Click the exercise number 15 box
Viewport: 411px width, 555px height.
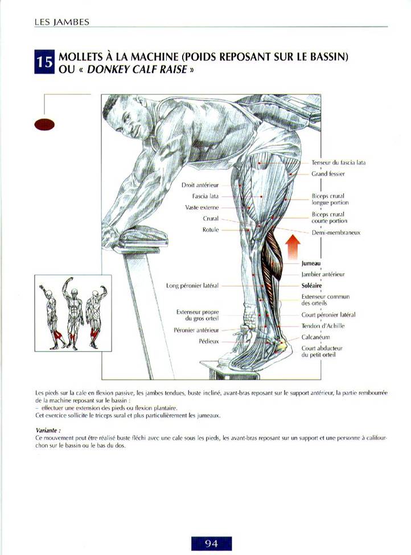click(44, 62)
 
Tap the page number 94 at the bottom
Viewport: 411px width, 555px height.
click(211, 543)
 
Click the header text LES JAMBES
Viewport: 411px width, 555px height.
click(61, 22)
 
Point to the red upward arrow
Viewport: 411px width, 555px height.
click(293, 246)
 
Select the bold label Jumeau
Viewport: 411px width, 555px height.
click(311, 263)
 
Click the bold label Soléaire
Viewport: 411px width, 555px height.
click(311, 285)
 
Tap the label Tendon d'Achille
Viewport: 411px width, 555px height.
click(323, 326)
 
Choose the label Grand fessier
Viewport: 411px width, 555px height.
click(328, 174)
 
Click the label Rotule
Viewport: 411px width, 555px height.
click(211, 230)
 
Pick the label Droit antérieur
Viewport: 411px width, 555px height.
click(200, 185)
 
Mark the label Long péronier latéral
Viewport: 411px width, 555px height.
click(192, 285)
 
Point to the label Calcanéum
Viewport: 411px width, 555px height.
click(316, 337)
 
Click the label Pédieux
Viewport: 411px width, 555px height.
click(209, 342)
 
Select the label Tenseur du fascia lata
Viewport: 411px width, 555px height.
click(338, 163)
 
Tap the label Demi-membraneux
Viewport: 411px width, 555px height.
click(336, 233)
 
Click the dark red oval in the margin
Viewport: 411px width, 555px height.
click(44, 124)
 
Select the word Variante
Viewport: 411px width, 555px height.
click(48, 430)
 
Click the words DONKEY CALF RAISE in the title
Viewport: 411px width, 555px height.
click(137, 69)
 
